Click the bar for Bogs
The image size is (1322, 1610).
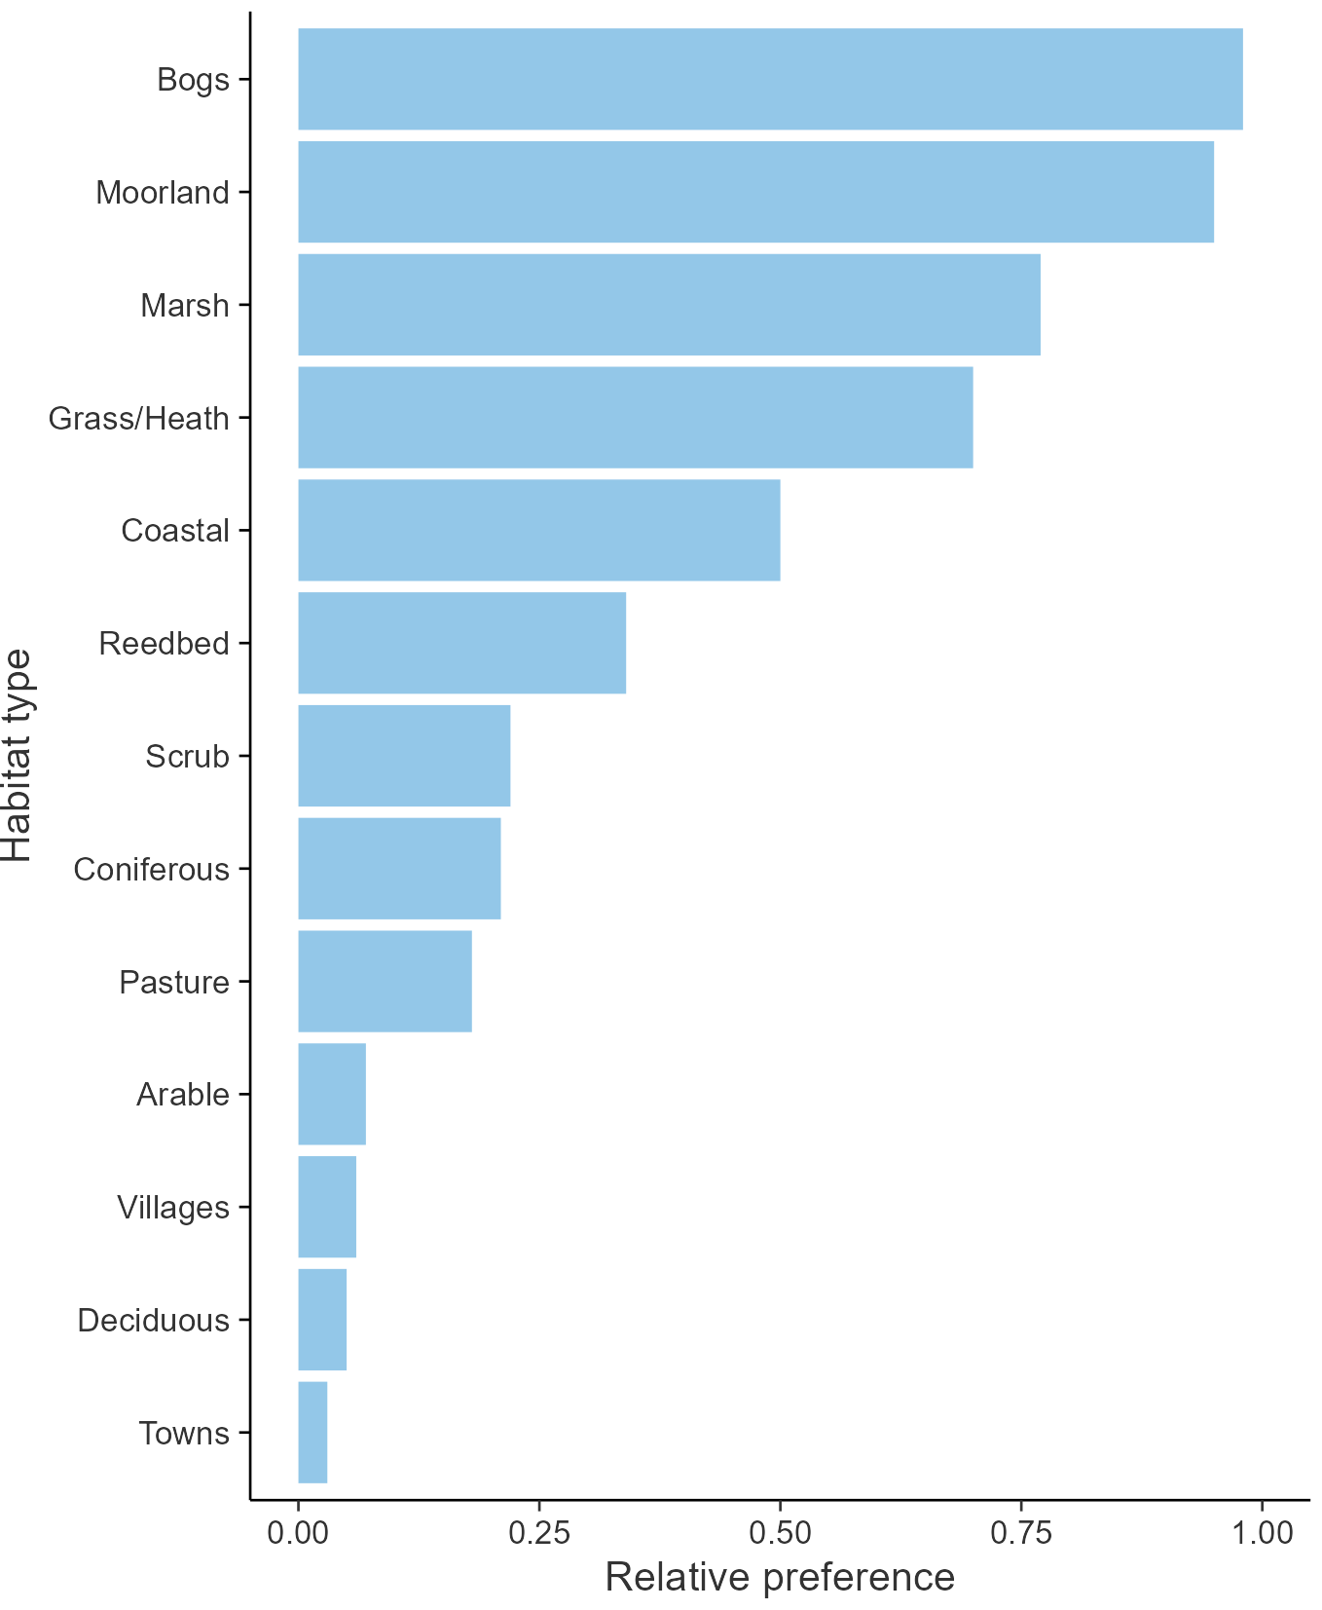[x=769, y=79]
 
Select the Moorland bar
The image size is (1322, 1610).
[x=755, y=192]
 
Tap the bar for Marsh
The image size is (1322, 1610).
[x=669, y=305]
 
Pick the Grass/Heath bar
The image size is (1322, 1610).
[x=635, y=418]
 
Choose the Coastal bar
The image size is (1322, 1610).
[x=538, y=530]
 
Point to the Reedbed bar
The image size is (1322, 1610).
[x=461, y=643]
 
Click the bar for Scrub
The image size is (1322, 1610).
[x=404, y=756]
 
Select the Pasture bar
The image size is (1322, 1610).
[x=385, y=982]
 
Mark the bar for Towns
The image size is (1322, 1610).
[x=312, y=1433]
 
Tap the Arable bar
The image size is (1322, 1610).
[x=332, y=1095]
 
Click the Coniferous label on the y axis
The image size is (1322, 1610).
[x=152, y=869]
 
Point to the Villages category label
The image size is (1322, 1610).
[x=173, y=1208]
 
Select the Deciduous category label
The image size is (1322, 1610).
[x=154, y=1321]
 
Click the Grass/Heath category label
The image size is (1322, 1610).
[x=139, y=418]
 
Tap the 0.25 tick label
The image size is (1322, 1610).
[x=538, y=1533]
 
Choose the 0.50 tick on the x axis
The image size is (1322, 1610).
[x=780, y=1533]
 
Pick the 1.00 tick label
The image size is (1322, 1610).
[x=1262, y=1533]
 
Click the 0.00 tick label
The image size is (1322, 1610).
[x=298, y=1533]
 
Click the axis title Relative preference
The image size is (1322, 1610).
[x=780, y=1577]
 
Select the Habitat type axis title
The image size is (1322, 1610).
[x=18, y=756]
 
